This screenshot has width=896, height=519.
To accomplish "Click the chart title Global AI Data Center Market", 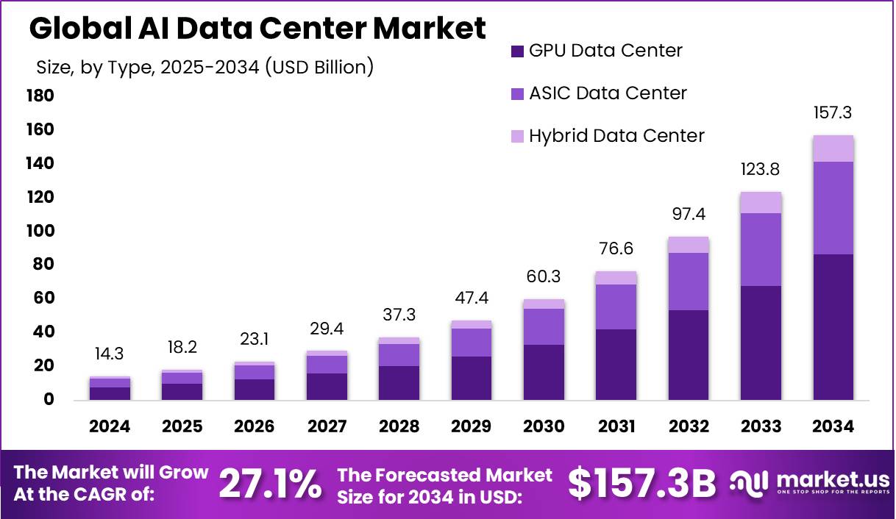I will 257,29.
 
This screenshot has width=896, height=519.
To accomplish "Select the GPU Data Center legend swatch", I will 517,51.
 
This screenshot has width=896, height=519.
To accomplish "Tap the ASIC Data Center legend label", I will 608,93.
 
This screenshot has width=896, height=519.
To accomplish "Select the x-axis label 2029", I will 471,427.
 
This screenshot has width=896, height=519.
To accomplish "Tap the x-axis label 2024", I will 110,427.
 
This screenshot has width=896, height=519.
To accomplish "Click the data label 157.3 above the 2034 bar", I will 833,113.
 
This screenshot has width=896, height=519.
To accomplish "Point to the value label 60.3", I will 544,276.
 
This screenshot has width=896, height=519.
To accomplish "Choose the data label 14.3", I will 110,354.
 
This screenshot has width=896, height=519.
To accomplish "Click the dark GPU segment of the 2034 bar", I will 833,327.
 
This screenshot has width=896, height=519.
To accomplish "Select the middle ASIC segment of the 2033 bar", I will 761,249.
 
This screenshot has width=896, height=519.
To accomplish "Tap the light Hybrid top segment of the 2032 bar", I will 689,245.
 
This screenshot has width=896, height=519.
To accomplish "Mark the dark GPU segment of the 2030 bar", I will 544,372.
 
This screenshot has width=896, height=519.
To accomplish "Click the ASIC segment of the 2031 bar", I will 616,307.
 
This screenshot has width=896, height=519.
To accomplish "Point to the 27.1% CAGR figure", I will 270,484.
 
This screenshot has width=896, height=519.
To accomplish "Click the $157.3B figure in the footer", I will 642,484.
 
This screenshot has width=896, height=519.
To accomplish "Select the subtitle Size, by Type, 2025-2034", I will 205,68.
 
